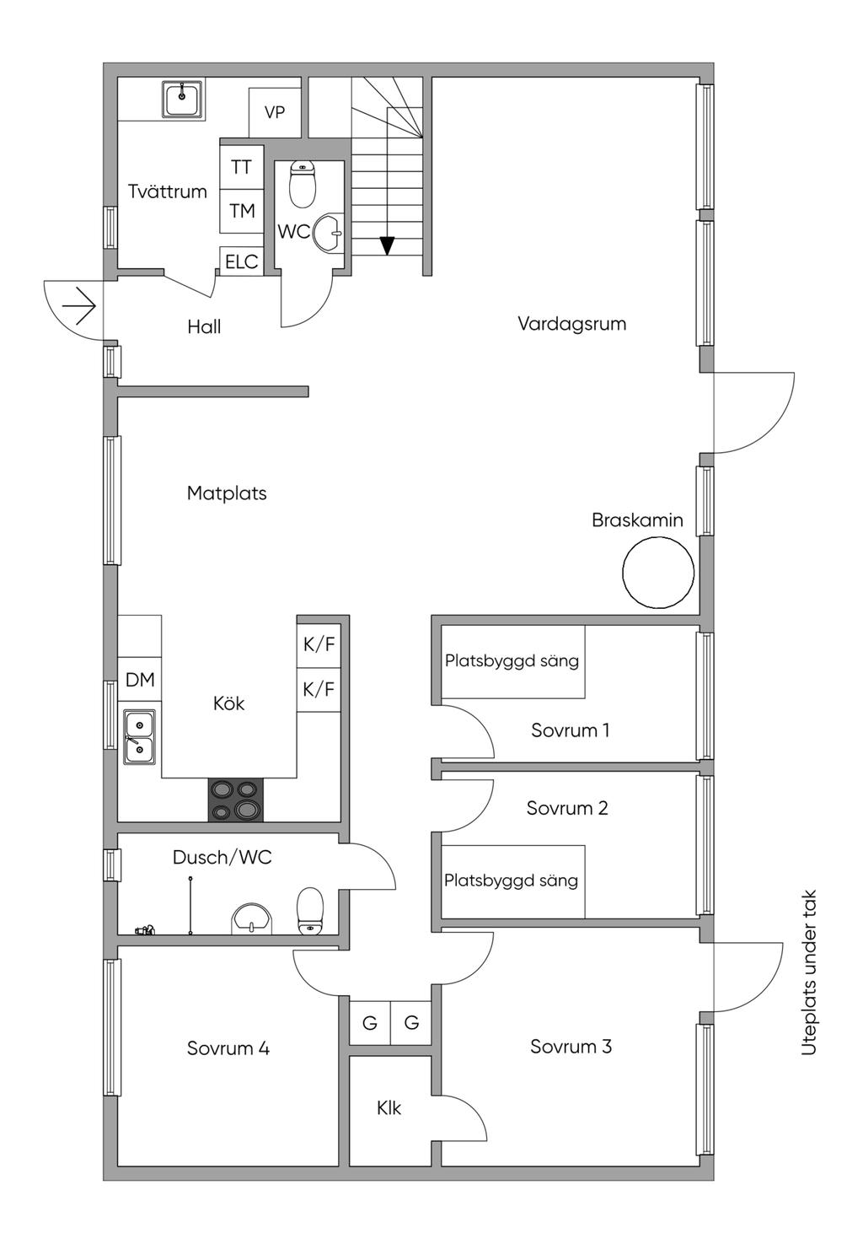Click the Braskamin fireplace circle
click(658, 573)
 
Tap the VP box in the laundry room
click(275, 112)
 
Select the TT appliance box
click(241, 167)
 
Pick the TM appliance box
click(242, 211)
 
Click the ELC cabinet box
click(241, 261)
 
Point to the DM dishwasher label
click(140, 680)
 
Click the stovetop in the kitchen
click(235, 800)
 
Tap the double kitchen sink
click(139, 736)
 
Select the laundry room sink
click(182, 100)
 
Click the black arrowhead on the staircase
click(387, 245)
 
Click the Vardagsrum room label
click(571, 324)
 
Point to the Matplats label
click(227, 493)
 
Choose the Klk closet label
click(389, 1108)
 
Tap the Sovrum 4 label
click(228, 1048)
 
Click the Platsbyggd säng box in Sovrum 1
click(512, 661)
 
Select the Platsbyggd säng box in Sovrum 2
click(512, 880)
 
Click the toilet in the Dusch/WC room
click(310, 911)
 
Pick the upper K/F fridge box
click(319, 645)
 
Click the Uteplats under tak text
click(810, 972)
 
